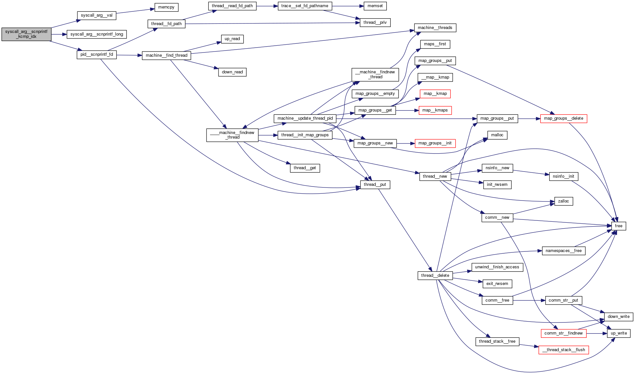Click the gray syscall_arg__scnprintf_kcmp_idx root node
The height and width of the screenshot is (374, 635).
pyautogui.click(x=26, y=34)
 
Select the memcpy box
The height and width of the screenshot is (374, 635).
pyautogui.click(x=166, y=7)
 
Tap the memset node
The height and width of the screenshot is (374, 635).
pyautogui.click(x=375, y=6)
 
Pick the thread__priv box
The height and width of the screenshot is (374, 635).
pyautogui.click(x=375, y=22)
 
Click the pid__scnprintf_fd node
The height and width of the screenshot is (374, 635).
pyautogui.click(x=97, y=54)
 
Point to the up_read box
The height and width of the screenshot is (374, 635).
pyautogui.click(x=232, y=39)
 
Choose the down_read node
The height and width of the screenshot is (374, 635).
pyautogui.click(x=232, y=72)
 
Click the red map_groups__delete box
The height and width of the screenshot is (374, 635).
pyautogui.click(x=564, y=118)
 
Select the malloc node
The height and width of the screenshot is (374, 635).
pyautogui.click(x=497, y=135)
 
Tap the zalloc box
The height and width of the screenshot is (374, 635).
pyautogui.click(x=563, y=201)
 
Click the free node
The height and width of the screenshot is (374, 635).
pyautogui.click(x=618, y=226)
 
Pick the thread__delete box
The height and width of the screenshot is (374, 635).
pyautogui.click(x=435, y=276)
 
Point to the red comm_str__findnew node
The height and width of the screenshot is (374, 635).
pyautogui.click(x=563, y=333)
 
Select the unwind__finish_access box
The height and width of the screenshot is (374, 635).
pyautogui.click(x=497, y=267)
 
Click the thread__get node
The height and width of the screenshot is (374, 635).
pyautogui.click(x=305, y=168)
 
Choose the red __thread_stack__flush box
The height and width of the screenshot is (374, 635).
pyautogui.click(x=564, y=350)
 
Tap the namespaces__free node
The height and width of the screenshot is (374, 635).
pyautogui.click(x=564, y=251)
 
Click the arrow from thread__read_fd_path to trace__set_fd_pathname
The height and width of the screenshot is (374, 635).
pyautogui.click(x=267, y=6)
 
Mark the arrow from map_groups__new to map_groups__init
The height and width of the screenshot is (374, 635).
pyautogui.click(x=406, y=143)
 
